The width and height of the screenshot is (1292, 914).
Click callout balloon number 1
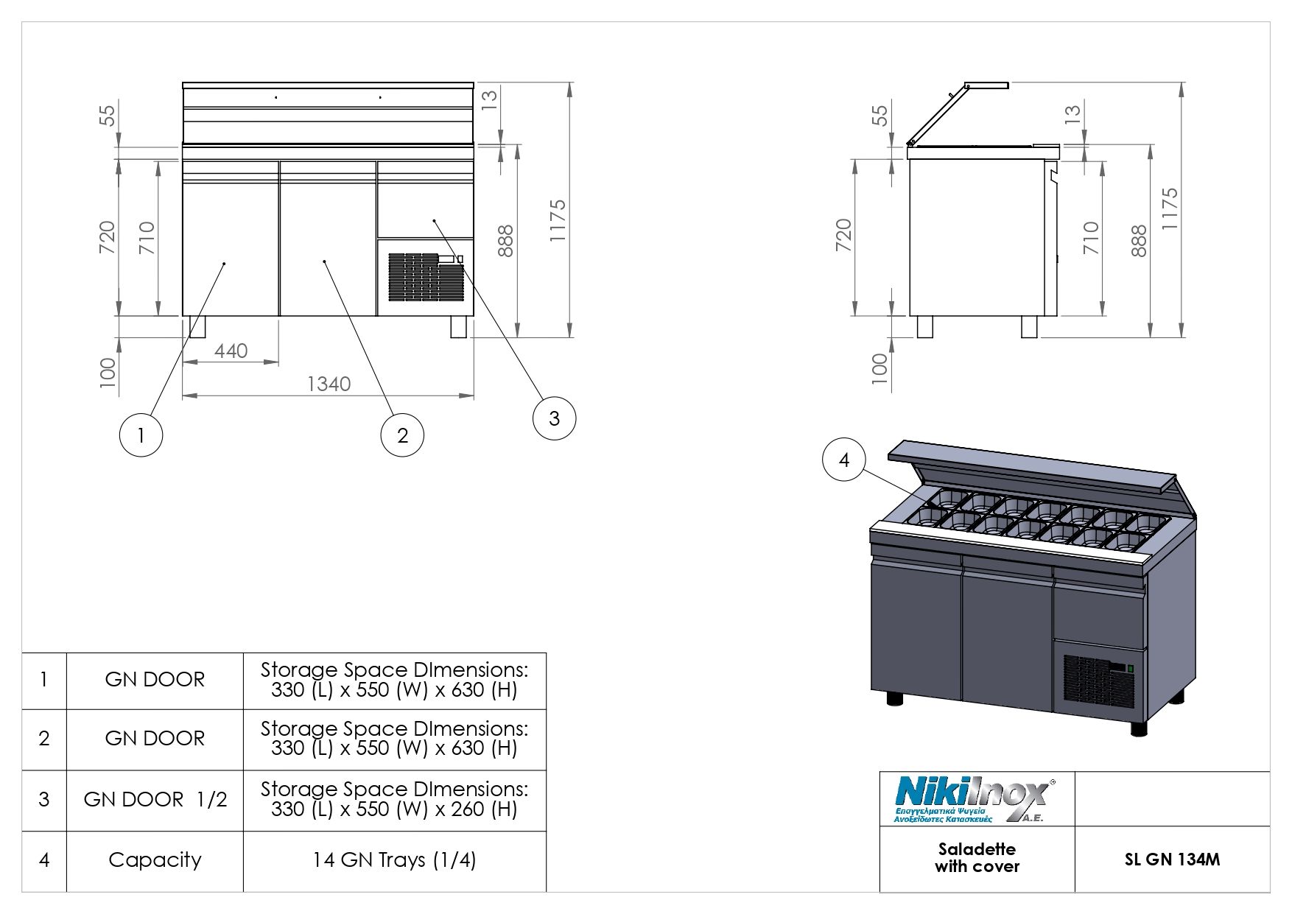coord(141,435)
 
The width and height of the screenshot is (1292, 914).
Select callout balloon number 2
coord(402,435)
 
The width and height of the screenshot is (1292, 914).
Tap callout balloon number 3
coord(554,418)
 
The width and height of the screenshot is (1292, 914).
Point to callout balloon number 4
coord(844,460)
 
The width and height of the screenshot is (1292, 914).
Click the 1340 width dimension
coord(329,384)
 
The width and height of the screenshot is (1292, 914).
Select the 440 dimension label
coord(231,351)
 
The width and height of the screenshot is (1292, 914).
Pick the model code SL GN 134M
coord(1172,859)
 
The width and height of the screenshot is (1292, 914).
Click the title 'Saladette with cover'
coord(977,858)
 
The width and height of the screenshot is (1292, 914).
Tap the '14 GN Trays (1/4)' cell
coord(395,860)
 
